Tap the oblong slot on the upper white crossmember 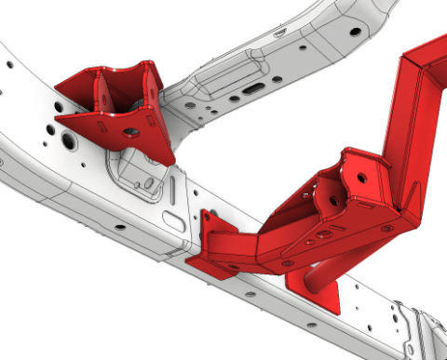[254, 89]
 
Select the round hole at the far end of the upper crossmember [355, 31]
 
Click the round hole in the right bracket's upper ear [360, 174]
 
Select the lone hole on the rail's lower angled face [119, 226]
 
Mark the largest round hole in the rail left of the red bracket [67, 141]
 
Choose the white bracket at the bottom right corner [419, 326]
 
